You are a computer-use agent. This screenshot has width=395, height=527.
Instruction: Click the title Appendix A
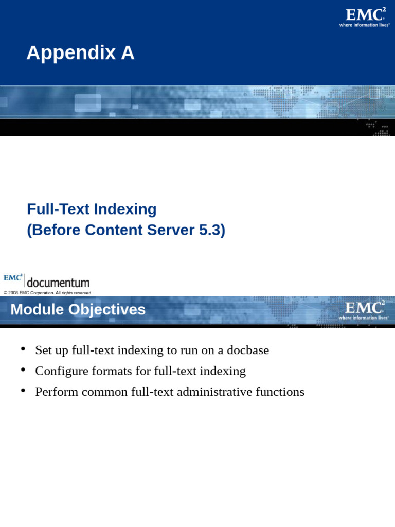80,53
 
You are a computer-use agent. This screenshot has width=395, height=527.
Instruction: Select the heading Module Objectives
78,310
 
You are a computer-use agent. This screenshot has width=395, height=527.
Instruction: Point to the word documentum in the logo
58,283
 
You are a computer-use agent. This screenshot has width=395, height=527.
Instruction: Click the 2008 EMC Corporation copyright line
48,293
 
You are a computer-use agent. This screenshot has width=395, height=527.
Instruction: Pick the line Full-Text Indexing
92,209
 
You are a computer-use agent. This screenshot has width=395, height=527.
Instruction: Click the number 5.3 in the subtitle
211,230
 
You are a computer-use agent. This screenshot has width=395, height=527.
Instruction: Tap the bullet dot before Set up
23,349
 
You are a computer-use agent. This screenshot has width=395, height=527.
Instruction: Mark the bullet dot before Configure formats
23,370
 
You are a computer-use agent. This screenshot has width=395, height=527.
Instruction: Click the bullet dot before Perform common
23,391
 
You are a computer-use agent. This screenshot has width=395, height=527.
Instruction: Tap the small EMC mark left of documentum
13,278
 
